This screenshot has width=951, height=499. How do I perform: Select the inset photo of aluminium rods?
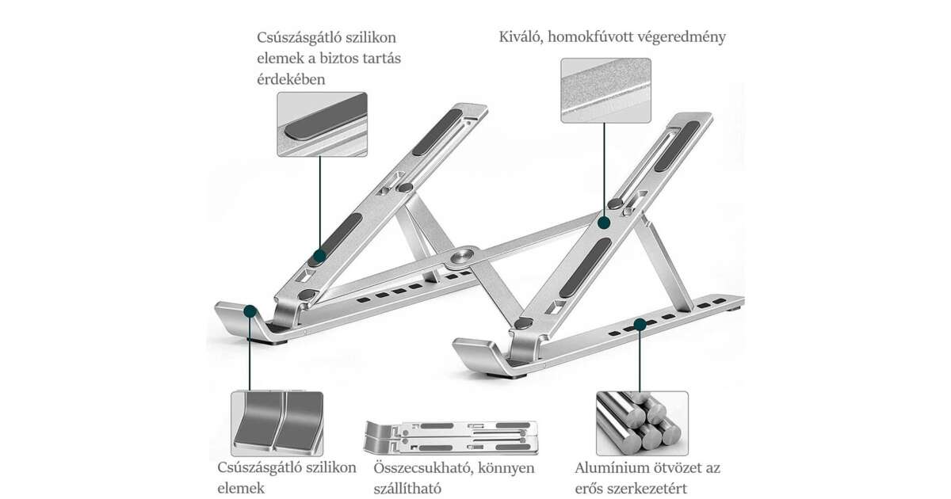pos(642,422)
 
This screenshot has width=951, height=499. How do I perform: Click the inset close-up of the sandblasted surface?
pos(605,90)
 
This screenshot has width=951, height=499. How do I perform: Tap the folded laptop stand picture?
pos(449,434)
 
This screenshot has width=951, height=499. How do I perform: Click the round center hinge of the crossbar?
pos(462,257)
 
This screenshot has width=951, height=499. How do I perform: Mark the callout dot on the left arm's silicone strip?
pos(319,256)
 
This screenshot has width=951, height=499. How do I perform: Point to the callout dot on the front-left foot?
pos(250,311)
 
